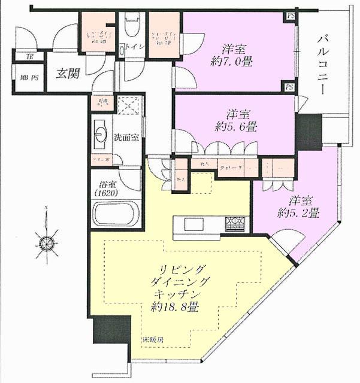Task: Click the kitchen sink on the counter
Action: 193,224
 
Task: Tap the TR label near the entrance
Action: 29,57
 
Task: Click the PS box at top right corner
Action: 291,16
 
